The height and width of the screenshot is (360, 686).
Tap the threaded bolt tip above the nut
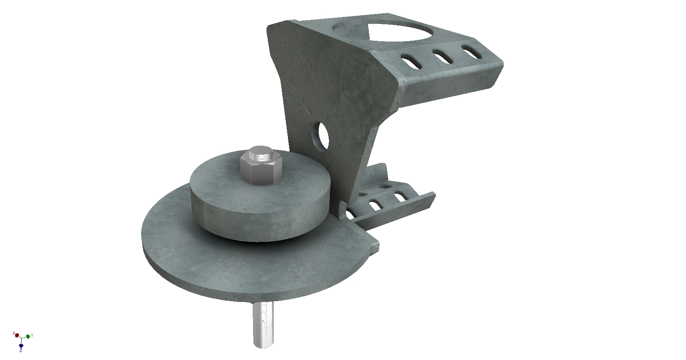(260, 152)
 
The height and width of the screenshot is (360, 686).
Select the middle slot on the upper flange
(443, 57)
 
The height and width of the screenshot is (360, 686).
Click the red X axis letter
(14, 333)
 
